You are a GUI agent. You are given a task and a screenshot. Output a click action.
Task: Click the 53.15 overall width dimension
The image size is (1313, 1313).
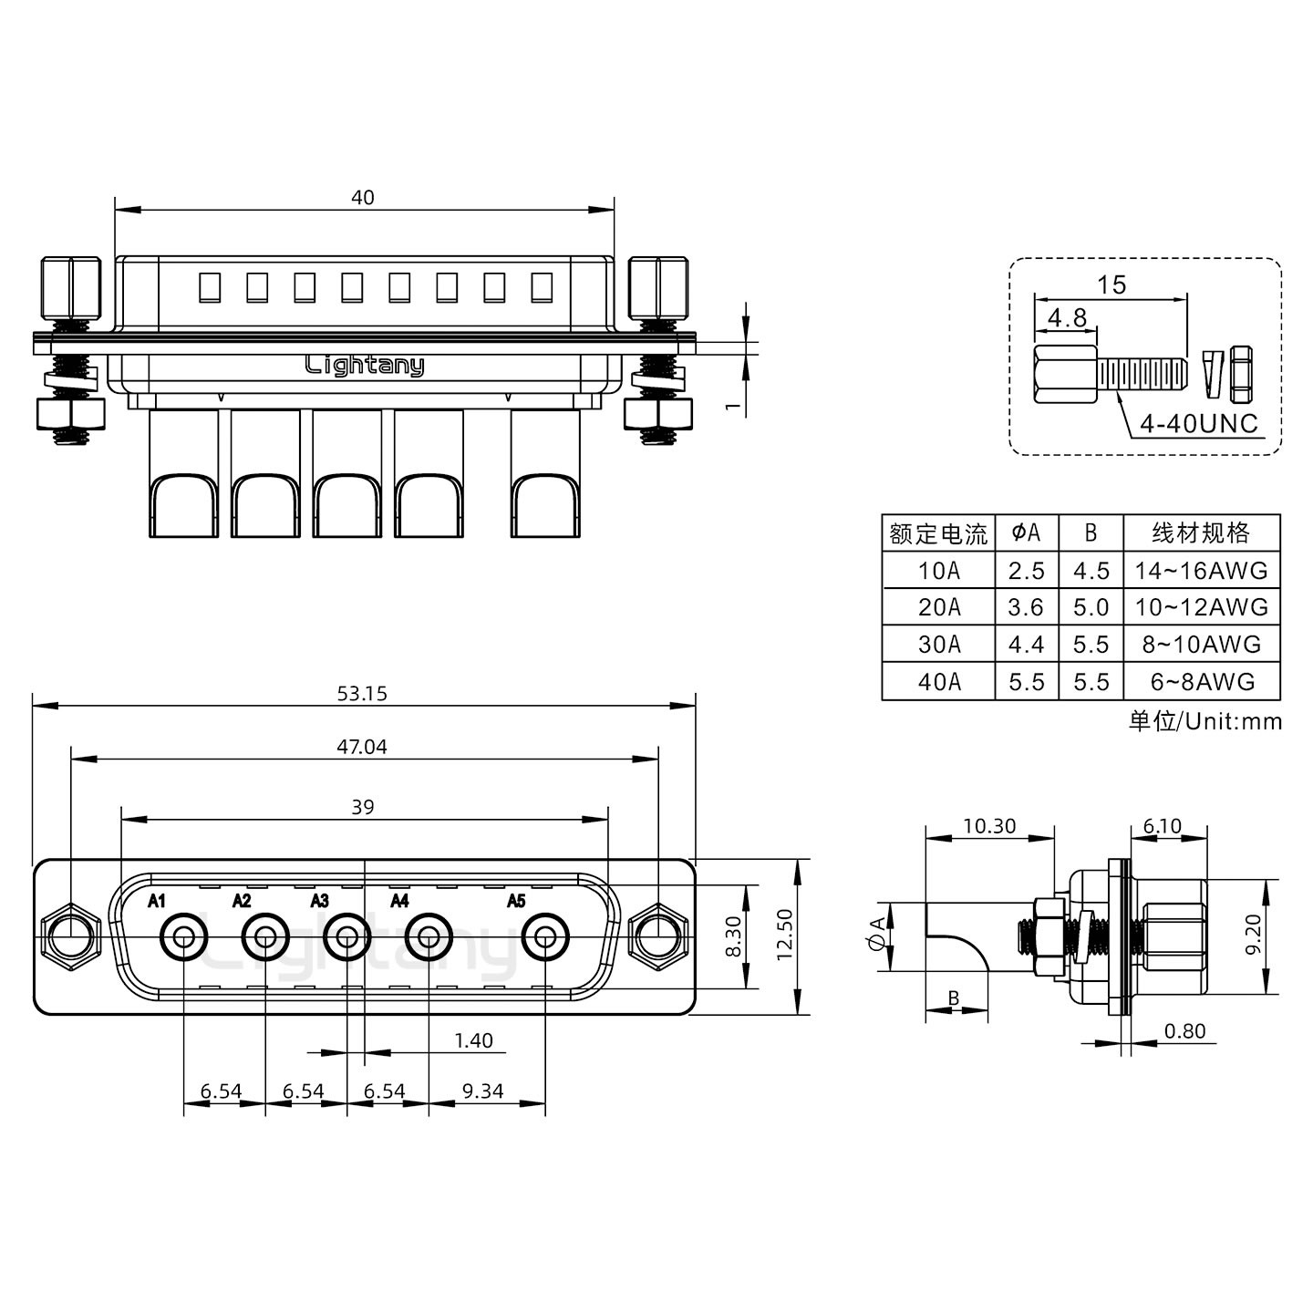pos(362,694)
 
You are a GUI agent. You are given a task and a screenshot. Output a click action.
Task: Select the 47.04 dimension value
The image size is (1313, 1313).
pos(362,748)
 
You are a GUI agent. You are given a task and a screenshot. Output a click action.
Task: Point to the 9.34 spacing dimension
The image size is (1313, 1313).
pos(482,1091)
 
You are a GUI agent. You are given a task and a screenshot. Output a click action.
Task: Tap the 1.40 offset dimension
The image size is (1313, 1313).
pos(472,1040)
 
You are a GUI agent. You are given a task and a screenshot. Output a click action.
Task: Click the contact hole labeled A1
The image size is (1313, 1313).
pos(184,936)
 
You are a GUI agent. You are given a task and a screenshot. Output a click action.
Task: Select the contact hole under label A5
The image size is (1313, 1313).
pos(545,936)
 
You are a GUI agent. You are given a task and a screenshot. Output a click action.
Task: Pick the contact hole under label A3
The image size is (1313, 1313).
pos(347,936)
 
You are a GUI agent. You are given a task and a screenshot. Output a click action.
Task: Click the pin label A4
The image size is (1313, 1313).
pos(399,902)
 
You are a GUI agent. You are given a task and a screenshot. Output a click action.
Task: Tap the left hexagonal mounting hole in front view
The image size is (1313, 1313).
pos(71,936)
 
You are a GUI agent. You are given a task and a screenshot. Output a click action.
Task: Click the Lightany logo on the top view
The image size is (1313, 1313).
pos(364,366)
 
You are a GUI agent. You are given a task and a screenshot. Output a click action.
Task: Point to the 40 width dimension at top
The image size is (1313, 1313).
pos(363,198)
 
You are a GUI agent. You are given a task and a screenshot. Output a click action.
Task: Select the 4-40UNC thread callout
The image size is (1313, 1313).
pos(1199,424)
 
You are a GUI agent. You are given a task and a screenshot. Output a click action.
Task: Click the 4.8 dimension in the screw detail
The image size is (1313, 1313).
pos(1066,318)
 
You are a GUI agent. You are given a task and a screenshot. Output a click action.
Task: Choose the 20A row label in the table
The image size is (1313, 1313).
pos(938,607)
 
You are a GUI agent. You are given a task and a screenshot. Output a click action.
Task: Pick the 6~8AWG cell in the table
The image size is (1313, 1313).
pos(1201,682)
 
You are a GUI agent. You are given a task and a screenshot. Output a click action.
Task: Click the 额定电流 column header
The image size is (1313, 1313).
pos(938,533)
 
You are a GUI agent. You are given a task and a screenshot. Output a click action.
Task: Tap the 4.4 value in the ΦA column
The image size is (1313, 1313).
pos(1026,645)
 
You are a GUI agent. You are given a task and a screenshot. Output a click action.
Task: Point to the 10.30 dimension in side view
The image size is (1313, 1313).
pos(989,826)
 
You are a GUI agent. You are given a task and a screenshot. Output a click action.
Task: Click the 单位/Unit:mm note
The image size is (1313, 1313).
pos(1204,722)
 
